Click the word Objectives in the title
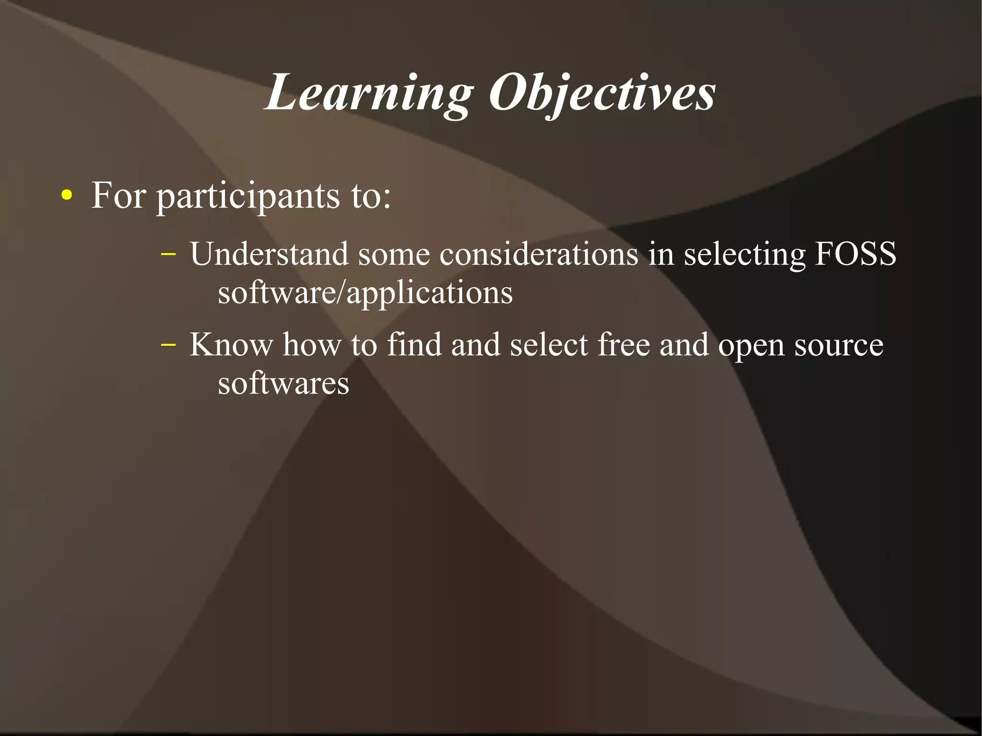pos(602,93)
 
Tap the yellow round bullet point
pos(67,196)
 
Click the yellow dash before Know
pos(168,344)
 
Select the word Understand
pos(269,254)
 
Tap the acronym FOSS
pos(855,254)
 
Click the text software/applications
pos(365,293)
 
